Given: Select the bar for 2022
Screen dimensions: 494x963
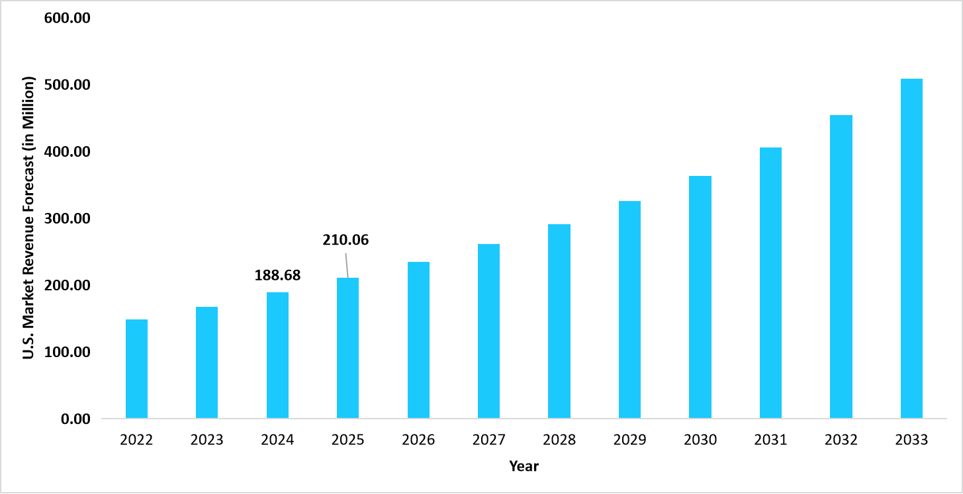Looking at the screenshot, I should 136,368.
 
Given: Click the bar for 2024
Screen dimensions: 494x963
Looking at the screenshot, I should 277,355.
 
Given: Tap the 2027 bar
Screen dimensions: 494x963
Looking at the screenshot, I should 488,331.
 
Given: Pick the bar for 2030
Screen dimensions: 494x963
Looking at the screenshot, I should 700,297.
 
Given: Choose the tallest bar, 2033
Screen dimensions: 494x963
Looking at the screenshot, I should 911,248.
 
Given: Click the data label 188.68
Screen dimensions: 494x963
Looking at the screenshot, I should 277,275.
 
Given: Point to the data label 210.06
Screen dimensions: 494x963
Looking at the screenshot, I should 345,240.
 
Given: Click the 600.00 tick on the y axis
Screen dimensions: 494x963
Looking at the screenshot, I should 67,19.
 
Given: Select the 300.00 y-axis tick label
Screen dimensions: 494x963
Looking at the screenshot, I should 67,219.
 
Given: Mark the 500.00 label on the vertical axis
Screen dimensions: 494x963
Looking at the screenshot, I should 67,85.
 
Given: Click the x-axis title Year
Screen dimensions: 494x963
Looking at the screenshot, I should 524,466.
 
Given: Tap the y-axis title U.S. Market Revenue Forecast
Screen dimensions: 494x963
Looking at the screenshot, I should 28,218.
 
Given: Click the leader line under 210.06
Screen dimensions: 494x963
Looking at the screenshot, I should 346,267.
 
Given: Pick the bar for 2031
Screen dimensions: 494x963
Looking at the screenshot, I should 770,283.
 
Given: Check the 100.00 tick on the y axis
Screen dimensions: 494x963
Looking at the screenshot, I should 67,352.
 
